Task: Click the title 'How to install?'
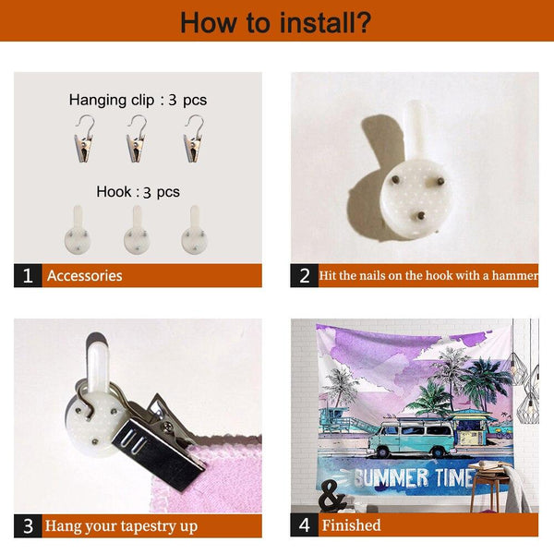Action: pos(276,21)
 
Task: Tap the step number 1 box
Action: pos(28,275)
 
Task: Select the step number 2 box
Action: pos(304,275)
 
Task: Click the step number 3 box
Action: pos(28,525)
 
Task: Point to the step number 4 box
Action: pos(304,525)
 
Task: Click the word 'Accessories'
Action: pos(84,275)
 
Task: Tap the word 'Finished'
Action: pos(351,525)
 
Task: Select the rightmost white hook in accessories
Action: pos(194,232)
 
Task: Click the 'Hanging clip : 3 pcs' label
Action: pos(137,99)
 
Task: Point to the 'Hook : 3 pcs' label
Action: pos(138,192)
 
